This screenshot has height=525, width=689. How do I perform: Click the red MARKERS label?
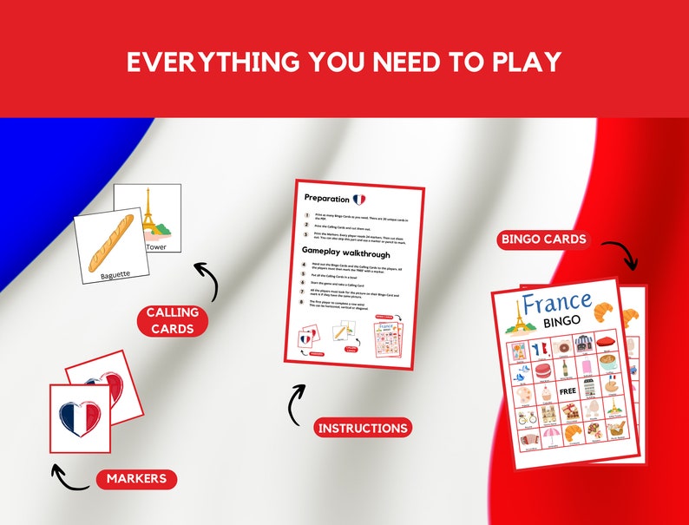coord(136,478)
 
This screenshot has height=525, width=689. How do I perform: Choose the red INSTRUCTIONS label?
coord(363,428)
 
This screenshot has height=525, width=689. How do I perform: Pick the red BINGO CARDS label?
coord(545,239)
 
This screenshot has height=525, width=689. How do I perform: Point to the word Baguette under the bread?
coord(115,275)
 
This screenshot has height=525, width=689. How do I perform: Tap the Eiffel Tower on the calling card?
coord(148,213)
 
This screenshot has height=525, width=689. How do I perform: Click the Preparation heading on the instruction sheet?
coord(326,199)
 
